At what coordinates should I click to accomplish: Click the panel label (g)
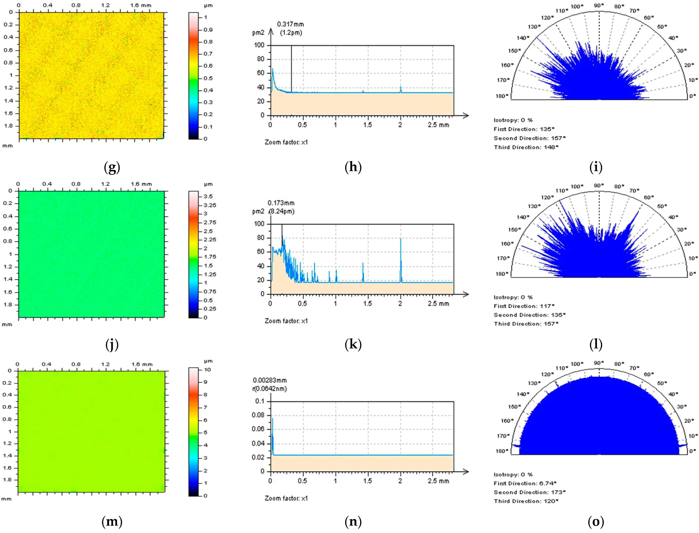tap(112, 167)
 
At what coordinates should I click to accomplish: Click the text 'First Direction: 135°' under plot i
tap(524, 129)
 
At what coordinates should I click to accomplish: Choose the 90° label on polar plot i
tap(599, 5)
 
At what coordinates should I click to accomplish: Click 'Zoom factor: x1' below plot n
tap(286, 498)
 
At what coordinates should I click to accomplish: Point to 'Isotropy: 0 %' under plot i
tap(513, 120)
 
